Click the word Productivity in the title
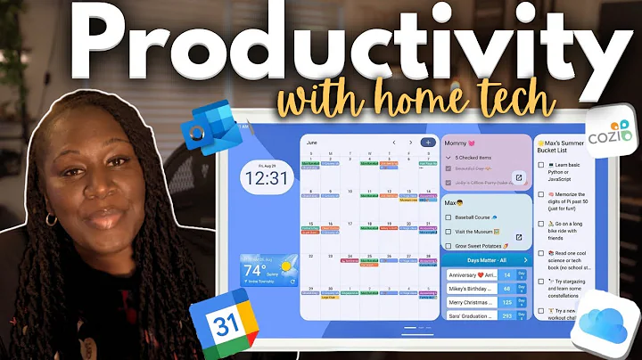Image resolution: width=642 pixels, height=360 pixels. click(x=321, y=40)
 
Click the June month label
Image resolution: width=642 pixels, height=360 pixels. click(x=311, y=143)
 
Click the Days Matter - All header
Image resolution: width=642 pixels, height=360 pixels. click(x=481, y=259)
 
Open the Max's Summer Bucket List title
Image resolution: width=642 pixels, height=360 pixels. click(x=574, y=143)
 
